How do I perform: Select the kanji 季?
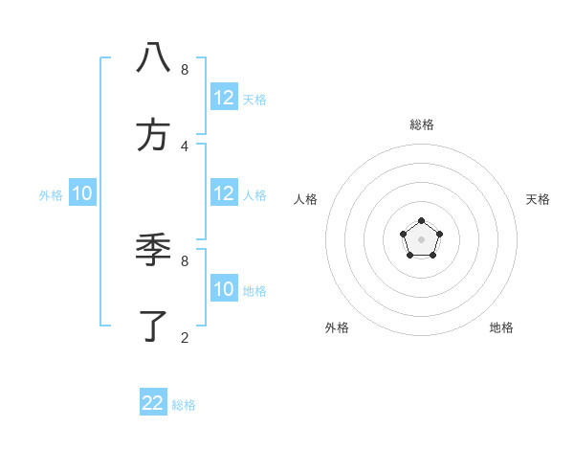pyautogui.click(x=153, y=250)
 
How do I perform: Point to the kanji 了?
pyautogui.click(x=153, y=326)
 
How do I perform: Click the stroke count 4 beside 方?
pyautogui.click(x=185, y=146)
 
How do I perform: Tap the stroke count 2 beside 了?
pyautogui.click(x=185, y=337)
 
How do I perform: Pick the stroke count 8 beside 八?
pyautogui.click(x=185, y=69)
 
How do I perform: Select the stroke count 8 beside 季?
pyautogui.click(x=185, y=260)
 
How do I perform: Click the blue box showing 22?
pyautogui.click(x=153, y=403)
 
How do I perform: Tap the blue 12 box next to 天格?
pyautogui.click(x=224, y=98)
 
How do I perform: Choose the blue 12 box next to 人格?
pyautogui.click(x=224, y=193)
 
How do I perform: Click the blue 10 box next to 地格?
pyautogui.click(x=224, y=289)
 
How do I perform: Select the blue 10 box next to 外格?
pyautogui.click(x=82, y=193)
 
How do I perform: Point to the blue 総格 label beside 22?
pyautogui.click(x=184, y=405)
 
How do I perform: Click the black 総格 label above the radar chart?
pyautogui.click(x=421, y=124)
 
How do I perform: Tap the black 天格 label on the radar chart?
pyautogui.click(x=538, y=199)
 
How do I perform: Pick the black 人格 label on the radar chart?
pyautogui.click(x=305, y=199)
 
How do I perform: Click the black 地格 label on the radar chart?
pyautogui.click(x=501, y=327)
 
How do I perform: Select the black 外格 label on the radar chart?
pyautogui.click(x=337, y=327)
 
